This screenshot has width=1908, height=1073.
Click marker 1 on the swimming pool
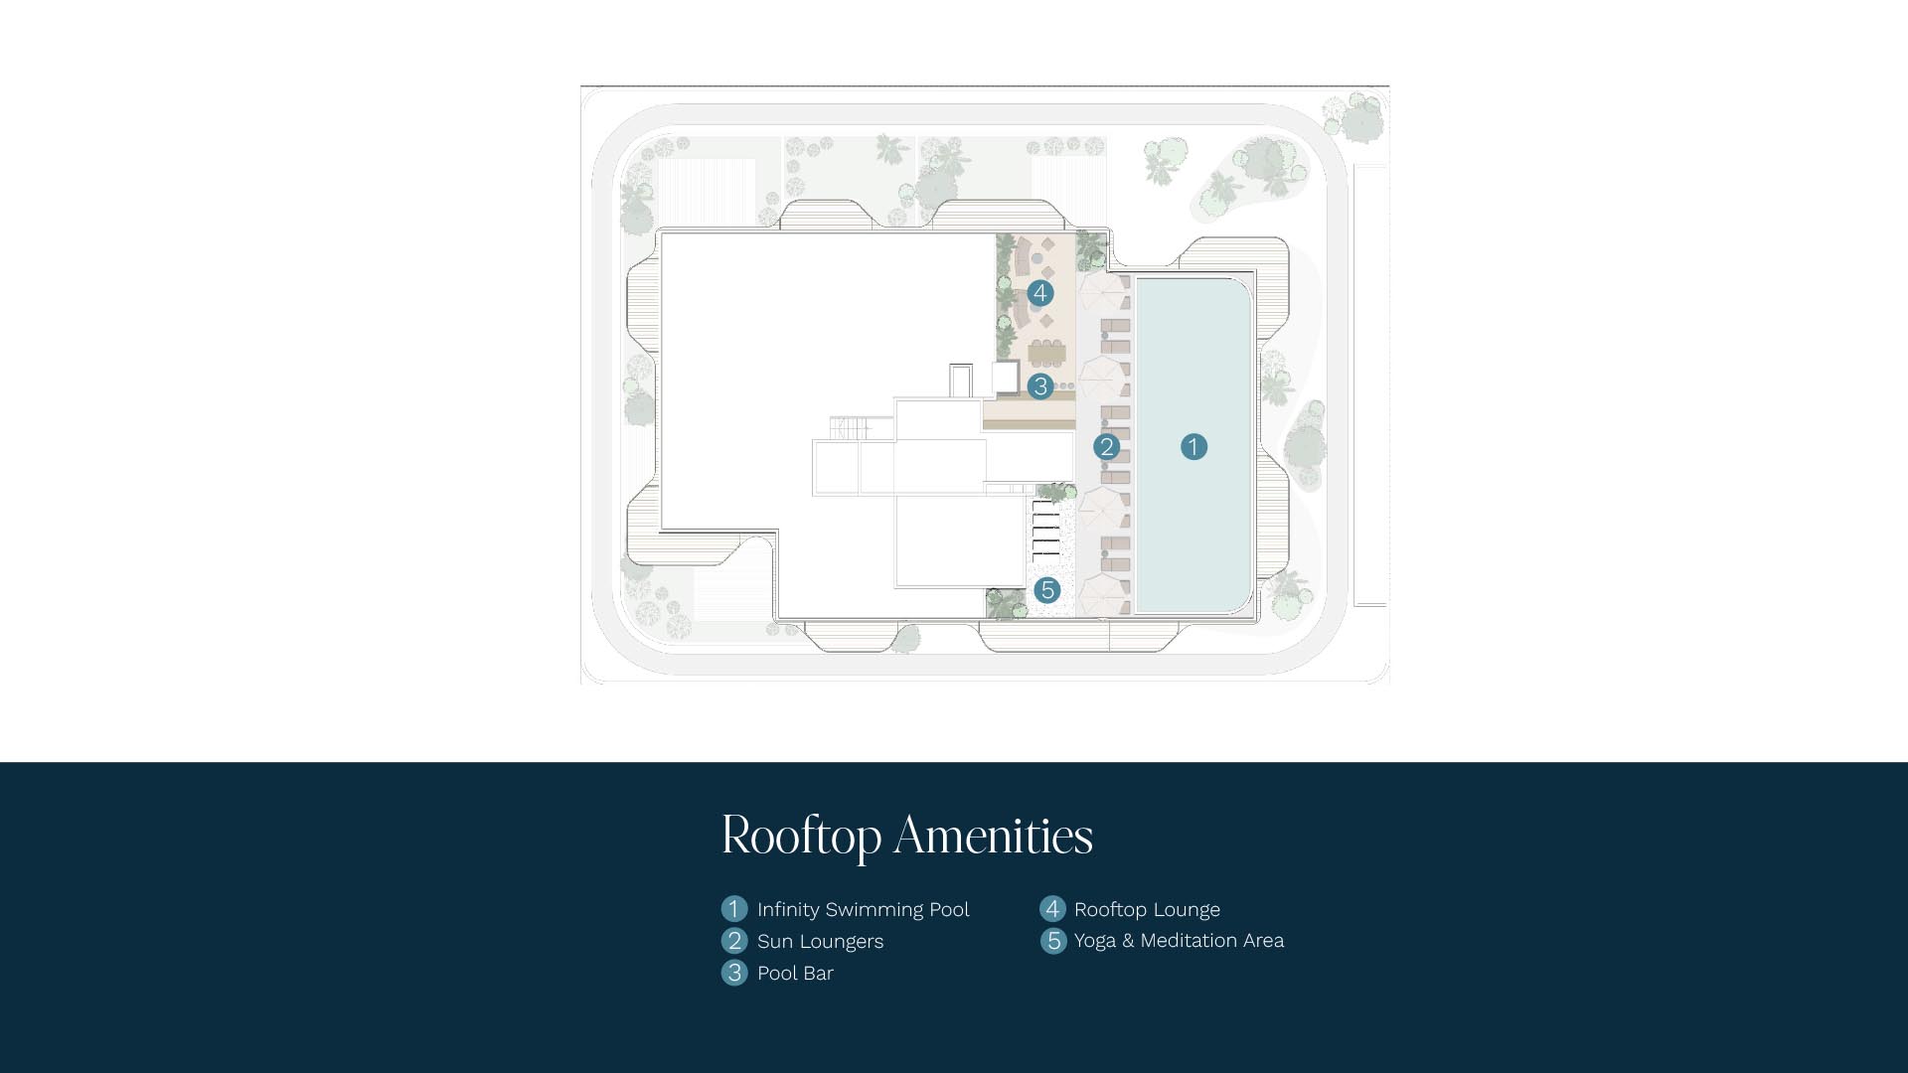point(1193,447)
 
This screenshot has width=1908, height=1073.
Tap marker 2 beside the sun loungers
point(1106,447)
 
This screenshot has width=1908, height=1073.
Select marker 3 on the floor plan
point(1040,385)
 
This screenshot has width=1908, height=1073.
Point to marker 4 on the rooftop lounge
point(1039,293)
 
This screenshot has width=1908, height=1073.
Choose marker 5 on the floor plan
point(1046,590)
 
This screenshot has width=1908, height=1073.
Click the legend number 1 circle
point(734,909)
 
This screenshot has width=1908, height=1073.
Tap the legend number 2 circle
point(734,941)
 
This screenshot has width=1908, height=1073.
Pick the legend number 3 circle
point(734,973)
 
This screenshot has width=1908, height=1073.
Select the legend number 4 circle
point(1052,909)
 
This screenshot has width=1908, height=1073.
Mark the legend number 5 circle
point(1053,941)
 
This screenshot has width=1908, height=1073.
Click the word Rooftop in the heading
point(802,836)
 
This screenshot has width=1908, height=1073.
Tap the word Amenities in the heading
point(994,835)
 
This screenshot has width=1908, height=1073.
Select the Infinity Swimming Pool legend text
point(863,910)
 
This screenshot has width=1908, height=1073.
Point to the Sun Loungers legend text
point(820,942)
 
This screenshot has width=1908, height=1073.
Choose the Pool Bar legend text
point(795,974)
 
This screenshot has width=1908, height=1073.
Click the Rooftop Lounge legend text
point(1147,910)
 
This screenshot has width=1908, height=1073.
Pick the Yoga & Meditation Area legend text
point(1179,941)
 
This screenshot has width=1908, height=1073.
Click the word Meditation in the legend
point(1189,940)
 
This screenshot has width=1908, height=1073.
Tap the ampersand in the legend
point(1127,941)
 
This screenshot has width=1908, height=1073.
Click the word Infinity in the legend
point(788,910)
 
